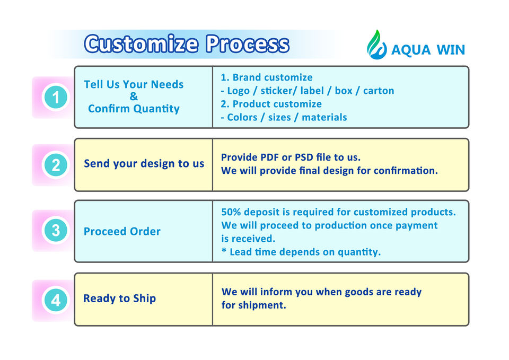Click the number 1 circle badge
click(x=55, y=98)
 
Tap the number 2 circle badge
click(x=55, y=165)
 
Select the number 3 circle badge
click(x=55, y=231)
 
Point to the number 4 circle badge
click(x=55, y=301)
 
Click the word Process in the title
click(x=248, y=44)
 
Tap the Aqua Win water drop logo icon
click(x=377, y=45)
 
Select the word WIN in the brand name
click(x=451, y=50)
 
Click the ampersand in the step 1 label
click(x=134, y=96)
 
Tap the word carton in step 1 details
click(x=379, y=91)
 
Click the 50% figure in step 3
click(x=232, y=212)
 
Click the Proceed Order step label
click(x=122, y=232)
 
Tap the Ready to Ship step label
click(x=119, y=298)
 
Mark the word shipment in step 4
click(x=263, y=305)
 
